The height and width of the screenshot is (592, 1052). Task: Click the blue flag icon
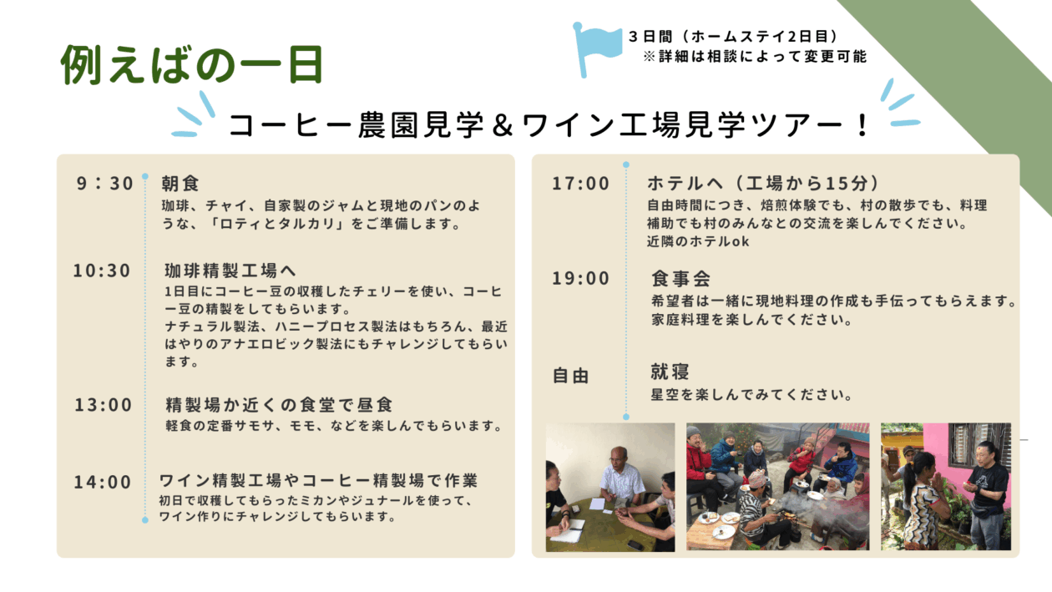[595, 47]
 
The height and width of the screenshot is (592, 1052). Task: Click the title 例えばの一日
[192, 65]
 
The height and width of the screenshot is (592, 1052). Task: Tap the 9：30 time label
[105, 183]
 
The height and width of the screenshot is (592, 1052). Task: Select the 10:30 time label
[102, 271]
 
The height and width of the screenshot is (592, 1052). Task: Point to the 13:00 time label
[104, 405]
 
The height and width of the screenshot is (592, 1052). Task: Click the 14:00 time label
[103, 482]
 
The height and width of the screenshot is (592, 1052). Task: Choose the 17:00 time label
[581, 183]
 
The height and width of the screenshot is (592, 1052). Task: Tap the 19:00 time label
[581, 278]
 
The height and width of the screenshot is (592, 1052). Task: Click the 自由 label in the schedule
[570, 376]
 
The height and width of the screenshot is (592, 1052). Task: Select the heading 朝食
[180, 183]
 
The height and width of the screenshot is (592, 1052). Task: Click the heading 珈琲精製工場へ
[230, 271]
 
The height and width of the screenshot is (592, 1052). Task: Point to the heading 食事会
[680, 279]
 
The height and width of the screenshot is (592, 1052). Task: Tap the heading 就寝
[670, 372]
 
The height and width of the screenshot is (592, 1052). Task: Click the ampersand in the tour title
[503, 126]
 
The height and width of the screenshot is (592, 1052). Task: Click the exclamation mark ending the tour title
[862, 126]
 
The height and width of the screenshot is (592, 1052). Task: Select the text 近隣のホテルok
[698, 241]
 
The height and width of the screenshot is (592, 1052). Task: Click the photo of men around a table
[610, 488]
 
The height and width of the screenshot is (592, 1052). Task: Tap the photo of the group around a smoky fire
[778, 487]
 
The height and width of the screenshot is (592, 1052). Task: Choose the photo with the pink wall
[946, 487]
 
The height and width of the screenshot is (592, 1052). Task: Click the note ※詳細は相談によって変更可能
[755, 57]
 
